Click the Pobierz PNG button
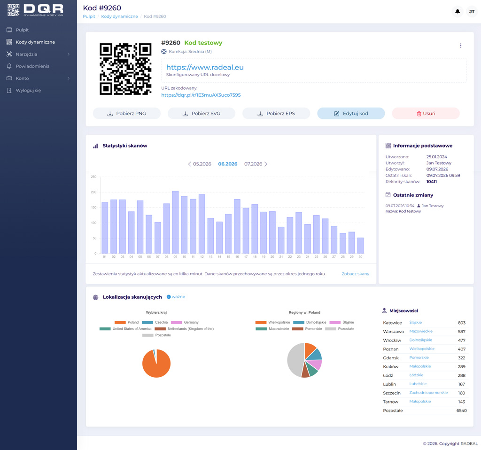tap(126, 114)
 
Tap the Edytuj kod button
tap(351, 114)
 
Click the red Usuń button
tap(426, 114)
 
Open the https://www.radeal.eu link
tap(205, 67)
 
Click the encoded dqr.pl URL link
tap(201, 95)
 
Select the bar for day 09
tap(175, 222)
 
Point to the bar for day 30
tap(360, 245)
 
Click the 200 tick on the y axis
tap(93, 192)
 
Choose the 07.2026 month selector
tap(253, 164)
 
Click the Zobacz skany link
tap(356, 274)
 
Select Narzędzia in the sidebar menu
tap(26, 54)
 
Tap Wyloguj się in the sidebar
tap(28, 91)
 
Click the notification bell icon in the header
tap(458, 12)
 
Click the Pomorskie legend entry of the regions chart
tap(307, 329)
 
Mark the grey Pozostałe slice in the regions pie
tap(295, 359)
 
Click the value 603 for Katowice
tap(462, 323)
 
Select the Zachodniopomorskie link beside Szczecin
tap(428, 393)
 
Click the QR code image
tap(125, 69)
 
